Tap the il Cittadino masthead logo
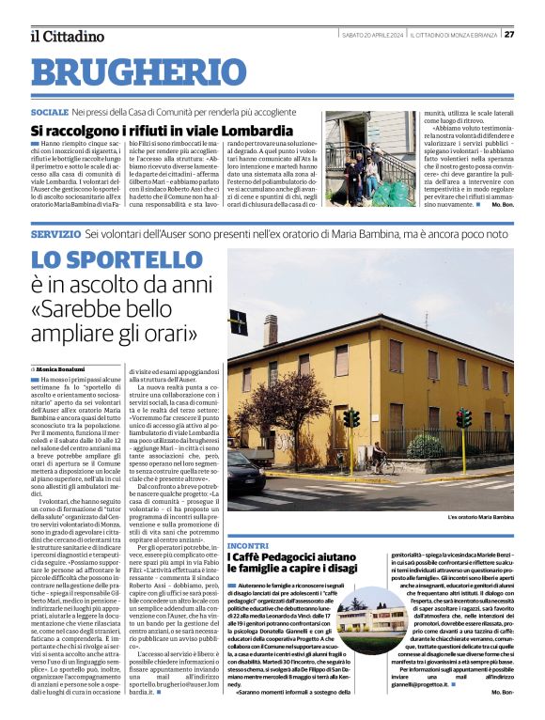pos(67,36)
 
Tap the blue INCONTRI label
pos(247,544)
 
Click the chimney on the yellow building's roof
pos(270,329)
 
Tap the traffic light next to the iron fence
pos(462,420)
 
